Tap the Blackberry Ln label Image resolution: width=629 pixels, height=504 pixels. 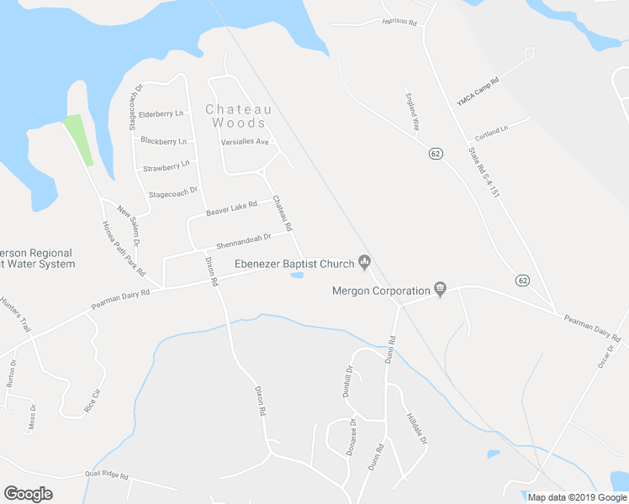click(x=163, y=140)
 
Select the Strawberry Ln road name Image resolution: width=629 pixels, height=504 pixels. click(x=167, y=167)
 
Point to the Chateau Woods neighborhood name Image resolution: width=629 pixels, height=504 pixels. click(x=239, y=116)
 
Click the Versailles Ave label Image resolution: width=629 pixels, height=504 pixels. click(x=244, y=142)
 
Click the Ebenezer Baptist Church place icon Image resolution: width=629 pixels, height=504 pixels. click(x=364, y=263)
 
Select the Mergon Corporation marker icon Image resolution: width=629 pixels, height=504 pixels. click(x=439, y=291)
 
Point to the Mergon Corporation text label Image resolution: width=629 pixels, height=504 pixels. click(x=381, y=291)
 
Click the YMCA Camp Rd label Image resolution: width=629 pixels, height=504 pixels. click(x=478, y=91)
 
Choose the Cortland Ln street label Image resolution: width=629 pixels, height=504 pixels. click(x=492, y=133)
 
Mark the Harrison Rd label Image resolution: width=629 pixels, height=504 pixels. click(x=399, y=21)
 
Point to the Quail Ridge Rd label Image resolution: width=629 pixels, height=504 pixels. click(x=106, y=475)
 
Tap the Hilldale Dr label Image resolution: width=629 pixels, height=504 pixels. click(x=417, y=428)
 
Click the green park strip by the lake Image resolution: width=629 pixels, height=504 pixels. click(x=78, y=139)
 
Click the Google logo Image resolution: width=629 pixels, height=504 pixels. click(x=28, y=494)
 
